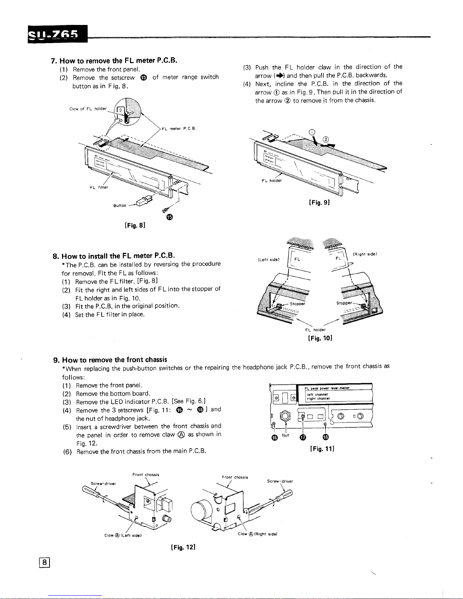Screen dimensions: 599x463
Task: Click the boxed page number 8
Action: (45, 562)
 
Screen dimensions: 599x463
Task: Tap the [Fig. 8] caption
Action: (135, 225)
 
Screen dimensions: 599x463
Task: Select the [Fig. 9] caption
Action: (319, 202)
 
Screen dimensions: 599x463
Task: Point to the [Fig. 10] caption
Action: (320, 337)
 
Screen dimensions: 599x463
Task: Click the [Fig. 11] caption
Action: (322, 449)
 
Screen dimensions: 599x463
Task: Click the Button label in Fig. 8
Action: (120, 206)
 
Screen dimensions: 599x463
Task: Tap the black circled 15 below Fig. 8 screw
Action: (169, 217)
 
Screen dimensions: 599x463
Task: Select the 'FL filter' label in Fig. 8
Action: (99, 187)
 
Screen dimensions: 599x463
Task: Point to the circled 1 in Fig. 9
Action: (312, 132)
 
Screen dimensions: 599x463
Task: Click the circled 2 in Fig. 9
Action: (325, 141)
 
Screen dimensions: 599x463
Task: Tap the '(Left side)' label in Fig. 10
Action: (268, 260)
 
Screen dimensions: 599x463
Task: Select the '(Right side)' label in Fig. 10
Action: (365, 254)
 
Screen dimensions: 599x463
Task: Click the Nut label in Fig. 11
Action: (286, 435)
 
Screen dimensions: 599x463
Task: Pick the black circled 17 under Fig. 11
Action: (302, 437)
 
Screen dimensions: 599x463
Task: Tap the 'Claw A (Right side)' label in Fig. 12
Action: (258, 534)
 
